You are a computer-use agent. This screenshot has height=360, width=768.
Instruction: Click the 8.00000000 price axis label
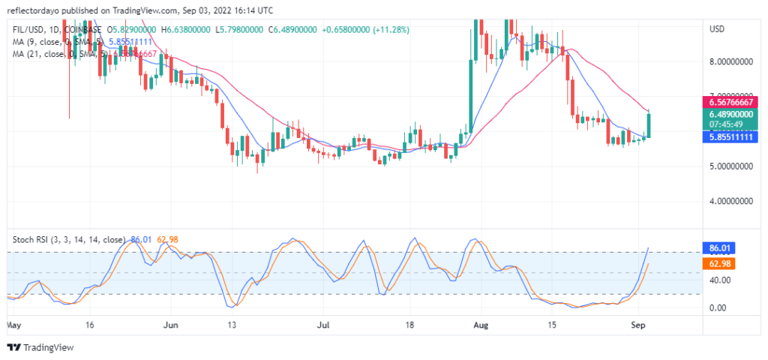tap(730, 62)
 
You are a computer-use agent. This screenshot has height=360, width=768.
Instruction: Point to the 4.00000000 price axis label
tap(730, 202)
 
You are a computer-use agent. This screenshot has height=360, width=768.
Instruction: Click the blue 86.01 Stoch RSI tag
tap(718, 247)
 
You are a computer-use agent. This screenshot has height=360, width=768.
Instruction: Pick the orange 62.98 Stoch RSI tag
tap(718, 264)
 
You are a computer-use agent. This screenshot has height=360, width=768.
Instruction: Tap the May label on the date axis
tap(13, 326)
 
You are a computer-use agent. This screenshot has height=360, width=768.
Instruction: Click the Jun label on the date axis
tap(171, 326)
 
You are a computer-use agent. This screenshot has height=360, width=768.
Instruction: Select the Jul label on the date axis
tap(323, 326)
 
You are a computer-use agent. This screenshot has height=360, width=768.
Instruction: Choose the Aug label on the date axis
tap(481, 326)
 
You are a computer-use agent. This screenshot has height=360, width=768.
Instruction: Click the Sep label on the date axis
tap(637, 326)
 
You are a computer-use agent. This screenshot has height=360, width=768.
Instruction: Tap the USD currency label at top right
tap(717, 28)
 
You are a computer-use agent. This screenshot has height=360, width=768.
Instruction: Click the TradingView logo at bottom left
tap(41, 347)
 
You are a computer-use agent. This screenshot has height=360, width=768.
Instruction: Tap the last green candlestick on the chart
tap(649, 124)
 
